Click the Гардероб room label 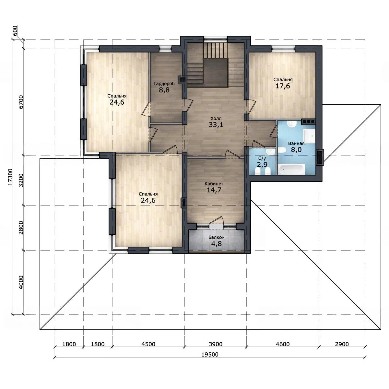(x=164, y=83)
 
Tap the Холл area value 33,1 (x=216, y=125)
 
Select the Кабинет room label (x=214, y=184)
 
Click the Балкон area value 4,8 (x=217, y=244)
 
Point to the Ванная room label (x=296, y=144)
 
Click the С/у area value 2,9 (x=262, y=165)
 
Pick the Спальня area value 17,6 (x=283, y=86)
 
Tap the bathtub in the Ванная (x=291, y=169)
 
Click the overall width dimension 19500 (x=210, y=354)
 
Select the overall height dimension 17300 (x=10, y=177)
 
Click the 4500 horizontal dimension (x=148, y=344)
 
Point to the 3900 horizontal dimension (x=216, y=344)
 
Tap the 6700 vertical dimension (x=21, y=102)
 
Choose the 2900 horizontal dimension (x=342, y=344)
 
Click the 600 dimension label (x=15, y=31)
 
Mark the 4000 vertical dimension (x=21, y=282)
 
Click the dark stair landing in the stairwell (x=216, y=73)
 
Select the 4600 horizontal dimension (x=283, y=344)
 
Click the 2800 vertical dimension (x=21, y=228)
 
